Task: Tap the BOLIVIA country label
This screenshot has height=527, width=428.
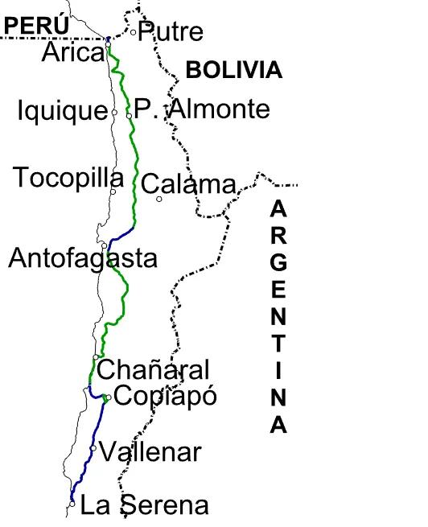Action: (x=233, y=70)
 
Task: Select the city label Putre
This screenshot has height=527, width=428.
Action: (x=171, y=32)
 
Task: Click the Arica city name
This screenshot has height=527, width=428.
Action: (x=73, y=53)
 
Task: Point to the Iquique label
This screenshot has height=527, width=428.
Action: (x=62, y=111)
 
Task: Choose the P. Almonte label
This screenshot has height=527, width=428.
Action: (x=202, y=109)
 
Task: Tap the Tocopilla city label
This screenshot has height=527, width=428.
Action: (x=68, y=178)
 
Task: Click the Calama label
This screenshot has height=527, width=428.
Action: (x=189, y=185)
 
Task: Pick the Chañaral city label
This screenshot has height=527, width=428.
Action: (x=154, y=370)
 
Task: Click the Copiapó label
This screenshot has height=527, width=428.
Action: (x=165, y=396)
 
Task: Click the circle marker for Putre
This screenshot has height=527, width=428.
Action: (x=134, y=32)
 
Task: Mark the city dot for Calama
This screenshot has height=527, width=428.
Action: (x=159, y=199)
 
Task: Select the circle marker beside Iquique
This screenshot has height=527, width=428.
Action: (x=114, y=112)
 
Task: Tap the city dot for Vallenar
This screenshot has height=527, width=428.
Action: (x=94, y=448)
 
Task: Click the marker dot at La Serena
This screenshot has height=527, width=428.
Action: (x=72, y=504)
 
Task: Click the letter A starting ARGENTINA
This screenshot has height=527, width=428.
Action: (x=278, y=208)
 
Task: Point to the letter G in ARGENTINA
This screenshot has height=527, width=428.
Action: (x=278, y=262)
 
